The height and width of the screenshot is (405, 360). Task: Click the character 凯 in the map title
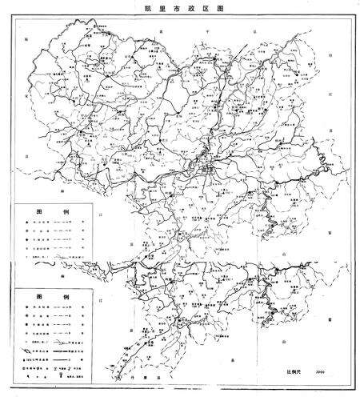pos(146,6)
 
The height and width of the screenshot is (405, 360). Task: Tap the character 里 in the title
pos(160,6)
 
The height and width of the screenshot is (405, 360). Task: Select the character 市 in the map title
pos(174,6)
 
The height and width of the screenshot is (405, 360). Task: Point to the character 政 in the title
pos(188,6)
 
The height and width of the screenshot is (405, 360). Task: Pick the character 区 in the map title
pos(202,6)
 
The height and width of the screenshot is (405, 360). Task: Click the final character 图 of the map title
pos(217,6)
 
